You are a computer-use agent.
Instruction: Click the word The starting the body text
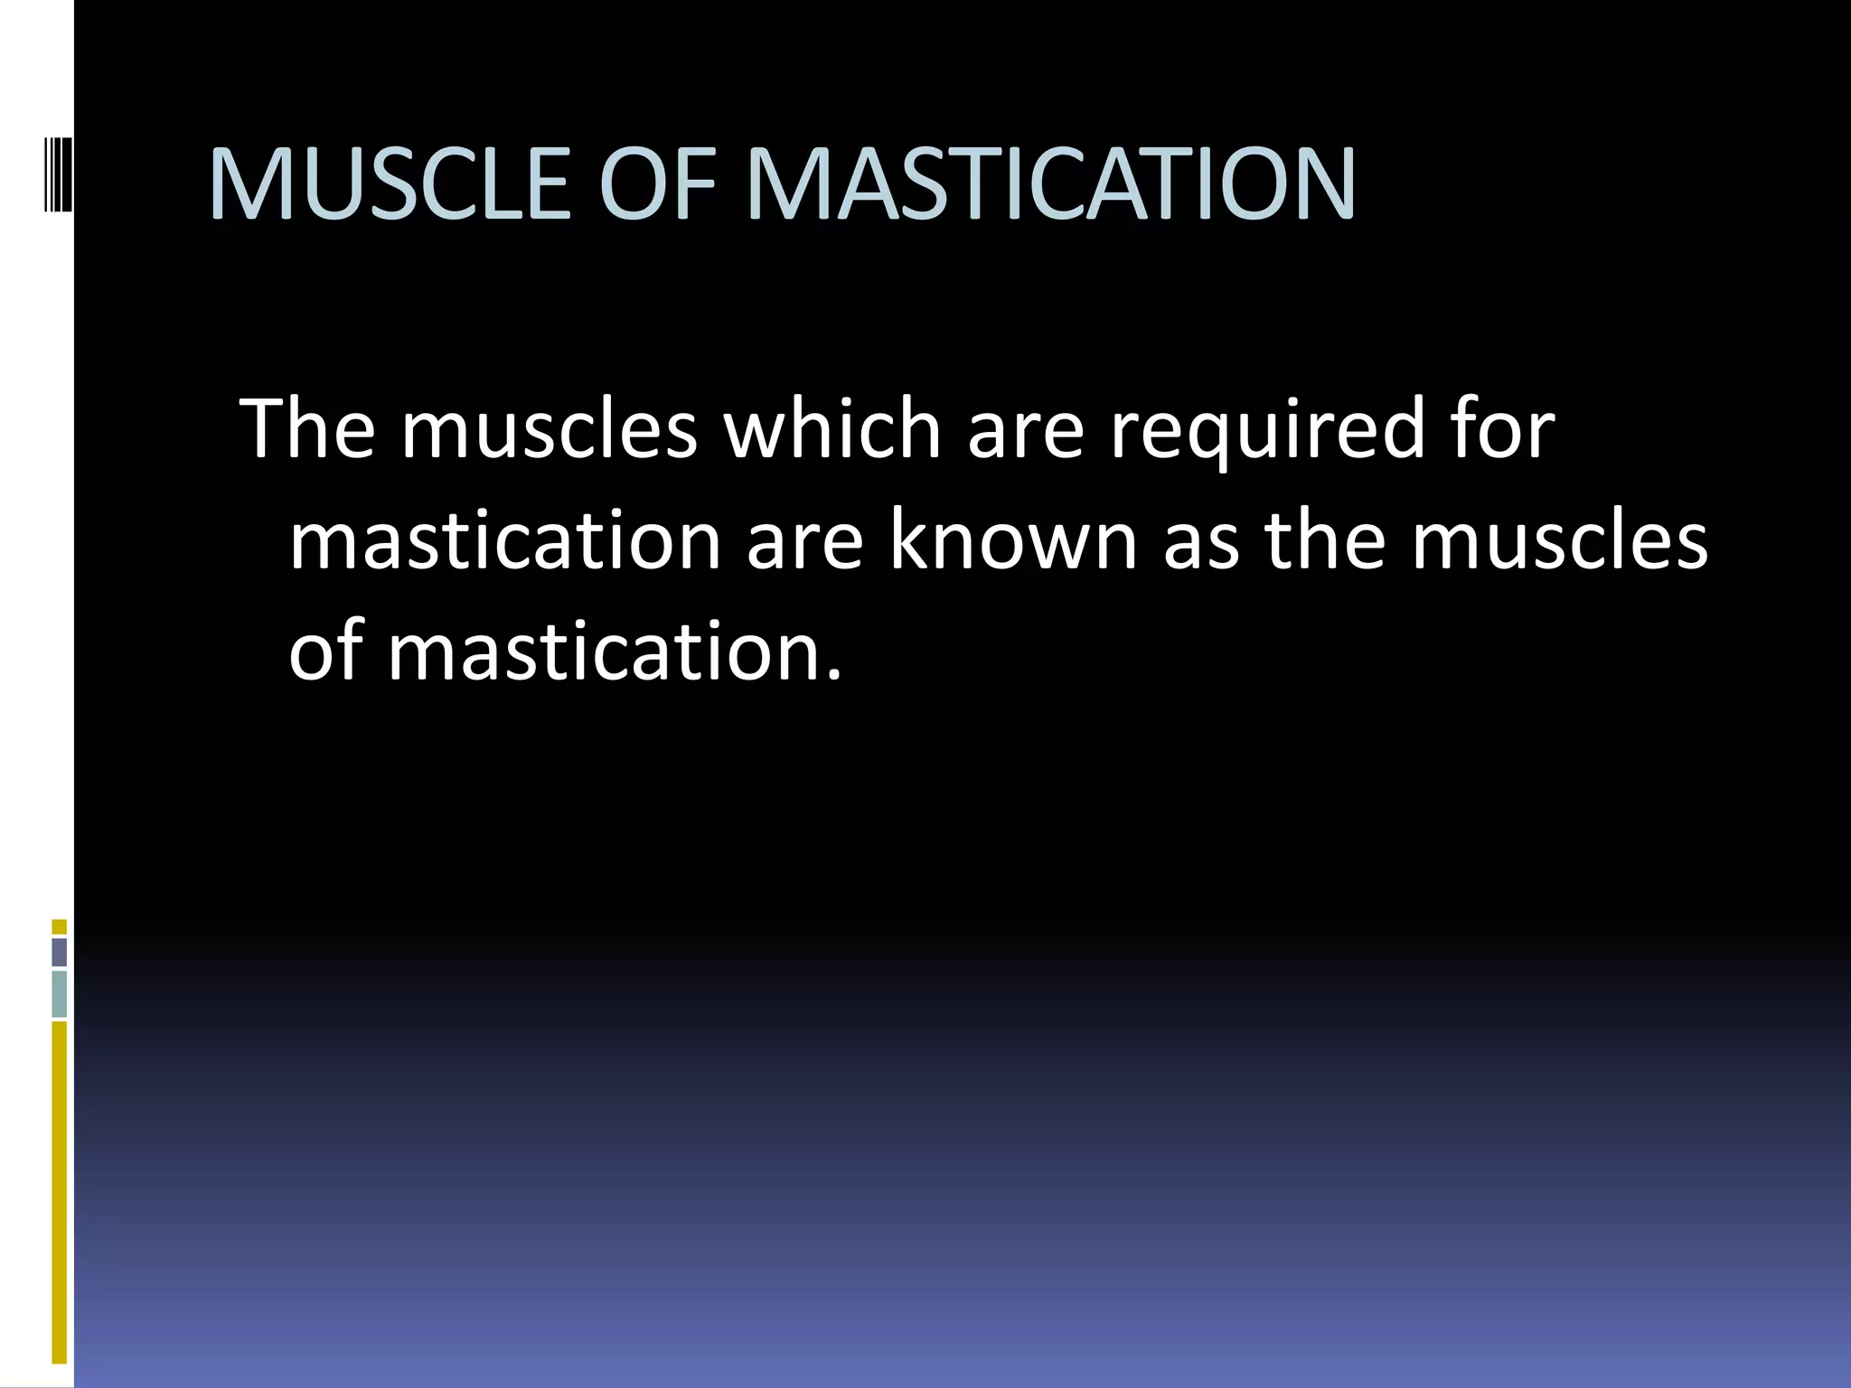pyautogui.click(x=307, y=428)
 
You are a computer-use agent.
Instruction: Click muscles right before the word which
pyautogui.click(x=550, y=430)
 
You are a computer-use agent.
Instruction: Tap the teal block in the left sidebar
pyautogui.click(x=60, y=993)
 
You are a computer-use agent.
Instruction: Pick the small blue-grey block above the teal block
pyautogui.click(x=60, y=952)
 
